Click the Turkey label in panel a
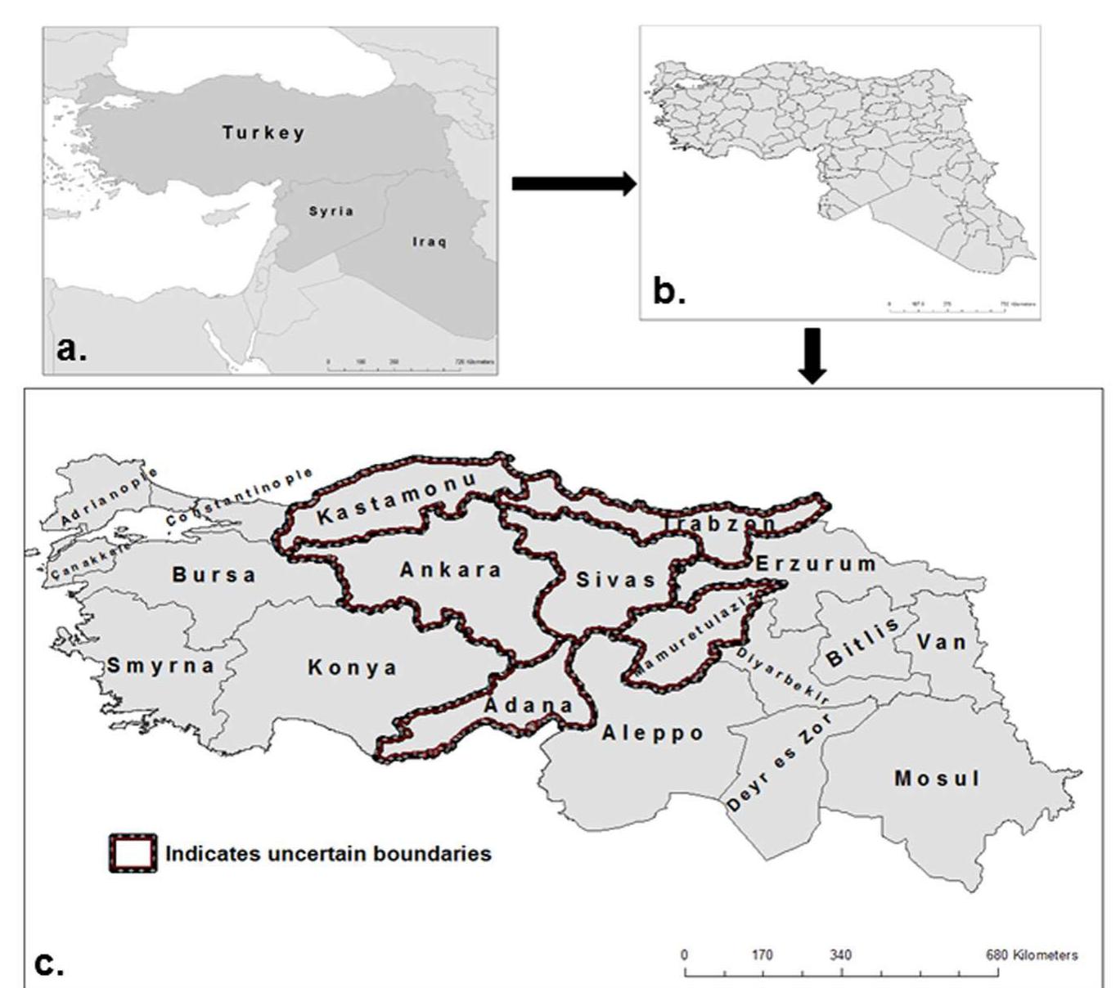(x=263, y=132)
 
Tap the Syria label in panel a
(x=331, y=211)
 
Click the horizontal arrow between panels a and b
(x=574, y=184)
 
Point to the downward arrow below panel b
(x=812, y=356)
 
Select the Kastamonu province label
(x=395, y=499)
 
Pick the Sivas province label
(x=616, y=579)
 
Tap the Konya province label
(x=353, y=667)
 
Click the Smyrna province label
(x=160, y=665)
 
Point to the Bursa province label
(x=214, y=574)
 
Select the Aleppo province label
(x=653, y=733)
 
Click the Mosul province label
(x=938, y=778)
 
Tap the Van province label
(x=942, y=641)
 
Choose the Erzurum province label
(x=815, y=564)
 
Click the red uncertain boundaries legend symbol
(x=133, y=853)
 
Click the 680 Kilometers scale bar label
(x=1033, y=954)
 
